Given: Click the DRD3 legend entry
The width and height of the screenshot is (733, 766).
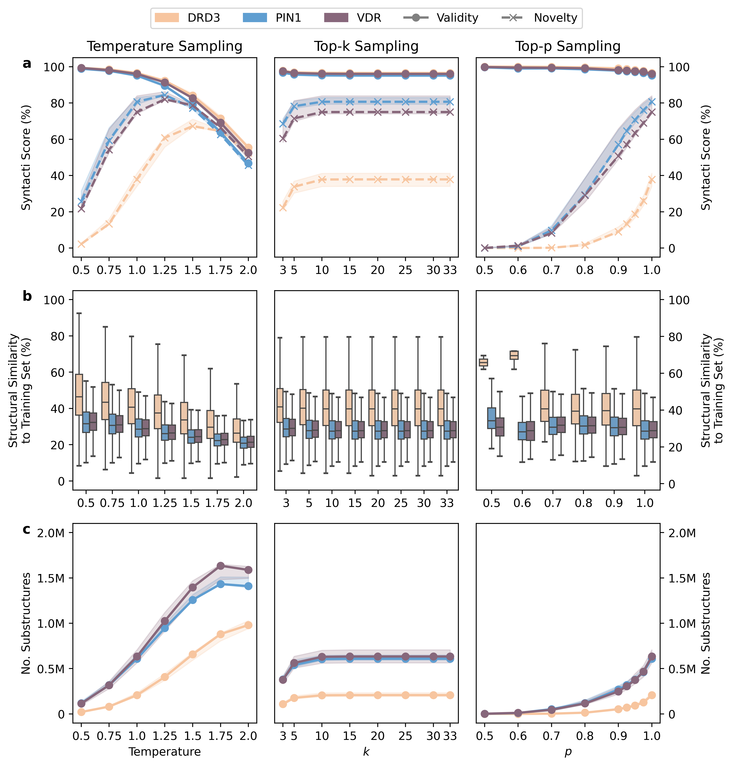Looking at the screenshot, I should [188, 18].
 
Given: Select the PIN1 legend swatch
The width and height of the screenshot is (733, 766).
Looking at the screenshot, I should [255, 18].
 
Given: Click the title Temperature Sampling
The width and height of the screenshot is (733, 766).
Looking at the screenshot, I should [164, 46].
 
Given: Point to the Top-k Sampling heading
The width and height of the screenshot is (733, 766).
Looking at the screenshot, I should [366, 46].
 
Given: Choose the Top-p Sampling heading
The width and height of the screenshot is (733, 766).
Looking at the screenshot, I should [568, 46].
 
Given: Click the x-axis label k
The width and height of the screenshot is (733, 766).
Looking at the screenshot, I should [366, 752].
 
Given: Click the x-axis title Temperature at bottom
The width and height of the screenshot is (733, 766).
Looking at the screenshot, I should [164, 752].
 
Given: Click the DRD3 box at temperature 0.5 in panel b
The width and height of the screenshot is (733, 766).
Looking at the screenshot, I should [79, 395].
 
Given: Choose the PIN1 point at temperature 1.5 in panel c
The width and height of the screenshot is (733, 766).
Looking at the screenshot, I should [193, 600].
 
